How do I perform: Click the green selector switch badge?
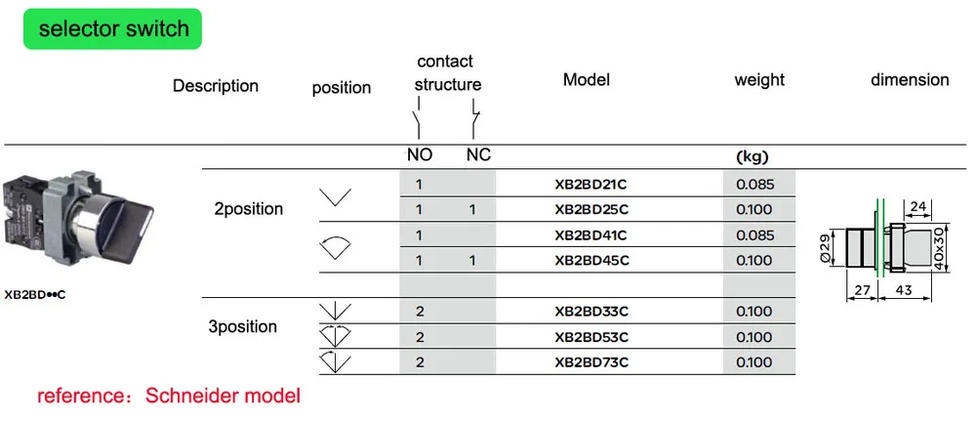tap(112, 28)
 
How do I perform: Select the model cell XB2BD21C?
tap(591, 184)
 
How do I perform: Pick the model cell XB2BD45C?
tap(591, 261)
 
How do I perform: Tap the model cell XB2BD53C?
tap(591, 337)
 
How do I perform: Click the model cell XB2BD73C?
tap(591, 362)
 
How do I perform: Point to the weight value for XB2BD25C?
tap(754, 209)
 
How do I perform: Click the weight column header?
tap(759, 80)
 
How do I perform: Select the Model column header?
tap(587, 80)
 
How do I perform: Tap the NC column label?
tap(478, 155)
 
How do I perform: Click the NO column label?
tap(420, 155)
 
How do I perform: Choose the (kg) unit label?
tap(752, 157)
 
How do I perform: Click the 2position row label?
tap(248, 209)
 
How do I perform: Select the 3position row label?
tap(243, 326)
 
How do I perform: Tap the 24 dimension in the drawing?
tap(917, 206)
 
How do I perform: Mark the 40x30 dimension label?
tap(939, 248)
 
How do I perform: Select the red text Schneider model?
tap(223, 395)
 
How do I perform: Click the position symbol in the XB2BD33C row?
tap(335, 311)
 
